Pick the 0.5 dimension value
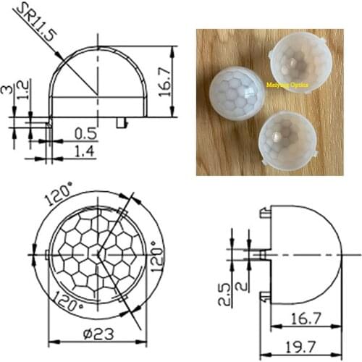click(85, 133)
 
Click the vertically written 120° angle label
click(154, 255)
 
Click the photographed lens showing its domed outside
click(238, 93)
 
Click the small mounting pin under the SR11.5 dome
click(120, 123)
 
